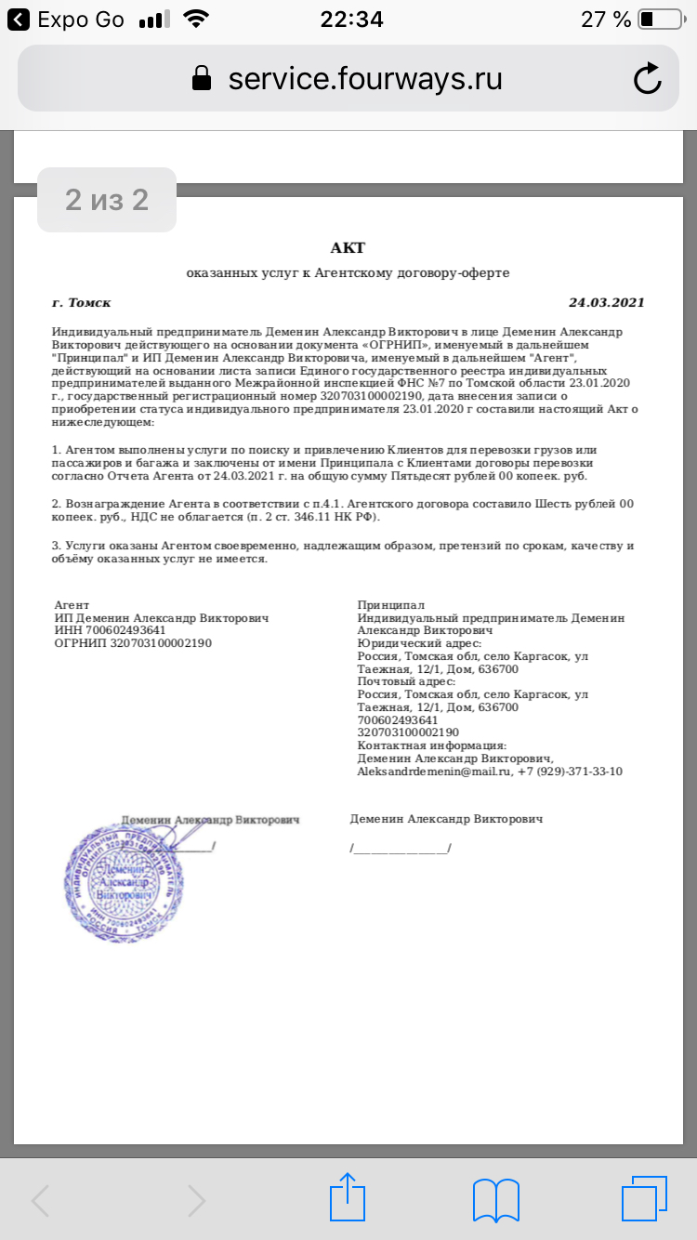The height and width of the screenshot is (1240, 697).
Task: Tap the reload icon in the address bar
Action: point(647,79)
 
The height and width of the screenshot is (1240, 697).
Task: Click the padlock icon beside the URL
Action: point(201,79)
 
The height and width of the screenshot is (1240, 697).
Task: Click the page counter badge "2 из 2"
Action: point(107,199)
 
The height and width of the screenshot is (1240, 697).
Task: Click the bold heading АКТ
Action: point(348,247)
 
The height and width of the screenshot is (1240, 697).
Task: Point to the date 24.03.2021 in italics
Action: point(606,302)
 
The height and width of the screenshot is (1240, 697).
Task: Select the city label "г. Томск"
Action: point(82,302)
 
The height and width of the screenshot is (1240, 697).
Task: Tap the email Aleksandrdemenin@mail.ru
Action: point(435,772)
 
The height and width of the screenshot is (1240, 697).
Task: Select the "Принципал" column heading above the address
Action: point(384,605)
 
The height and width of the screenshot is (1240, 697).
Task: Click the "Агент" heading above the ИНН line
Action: point(72,605)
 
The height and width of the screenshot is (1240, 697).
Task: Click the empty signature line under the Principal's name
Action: point(401,849)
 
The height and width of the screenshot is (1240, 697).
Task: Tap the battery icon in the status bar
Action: point(660,20)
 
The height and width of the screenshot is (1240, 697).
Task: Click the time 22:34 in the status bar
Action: point(351,20)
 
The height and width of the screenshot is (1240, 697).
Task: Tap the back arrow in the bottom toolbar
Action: point(41,1201)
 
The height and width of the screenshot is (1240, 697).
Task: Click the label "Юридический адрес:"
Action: point(419,643)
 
